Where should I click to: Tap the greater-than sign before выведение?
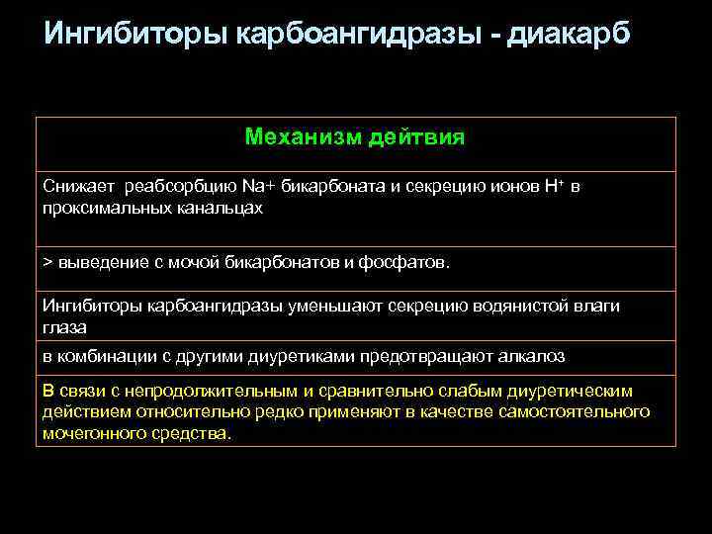click(47, 263)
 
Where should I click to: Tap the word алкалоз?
click(534, 355)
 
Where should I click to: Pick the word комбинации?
click(107, 355)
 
